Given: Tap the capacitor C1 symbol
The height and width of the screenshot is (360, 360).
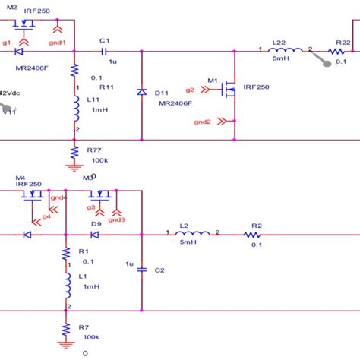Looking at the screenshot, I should tap(105, 52).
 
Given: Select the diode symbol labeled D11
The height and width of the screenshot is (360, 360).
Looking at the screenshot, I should tap(141, 92).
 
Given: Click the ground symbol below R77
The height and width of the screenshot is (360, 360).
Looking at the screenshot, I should tap(74, 167).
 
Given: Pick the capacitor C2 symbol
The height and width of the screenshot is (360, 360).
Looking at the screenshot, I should tap(141, 269).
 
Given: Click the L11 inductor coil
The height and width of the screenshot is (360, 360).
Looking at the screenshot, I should tap(74, 112).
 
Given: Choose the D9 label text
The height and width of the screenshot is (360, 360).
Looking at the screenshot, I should tap(96, 224).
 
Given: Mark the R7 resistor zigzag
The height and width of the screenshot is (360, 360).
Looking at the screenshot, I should tap(65, 327).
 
